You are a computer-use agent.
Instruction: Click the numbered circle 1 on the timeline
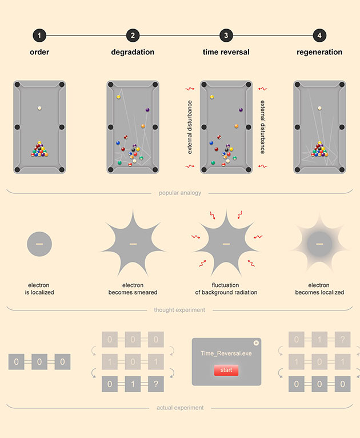point(39,35)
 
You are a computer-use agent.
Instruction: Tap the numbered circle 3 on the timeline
point(226,35)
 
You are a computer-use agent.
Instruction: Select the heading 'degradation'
point(133,52)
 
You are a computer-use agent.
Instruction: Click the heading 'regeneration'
point(319,52)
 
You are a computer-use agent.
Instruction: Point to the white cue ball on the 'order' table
point(39,108)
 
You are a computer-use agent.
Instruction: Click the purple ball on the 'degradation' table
point(147,110)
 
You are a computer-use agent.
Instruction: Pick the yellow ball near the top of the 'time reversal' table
point(212,97)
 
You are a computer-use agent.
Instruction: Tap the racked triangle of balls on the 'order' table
point(39,149)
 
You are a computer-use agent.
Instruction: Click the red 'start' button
point(226,370)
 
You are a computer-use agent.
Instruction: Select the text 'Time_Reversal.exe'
point(226,353)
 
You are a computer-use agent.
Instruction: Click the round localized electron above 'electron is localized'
point(39,244)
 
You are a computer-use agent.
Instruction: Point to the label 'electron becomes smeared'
point(133,289)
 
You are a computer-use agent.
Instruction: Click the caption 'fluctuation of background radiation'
point(226,289)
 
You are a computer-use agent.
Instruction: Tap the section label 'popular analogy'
point(180,193)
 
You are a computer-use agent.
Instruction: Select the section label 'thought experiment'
point(179,310)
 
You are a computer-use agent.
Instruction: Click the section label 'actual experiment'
point(180,408)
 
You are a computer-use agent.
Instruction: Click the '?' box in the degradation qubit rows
point(156,384)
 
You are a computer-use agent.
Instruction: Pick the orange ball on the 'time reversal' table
point(237,126)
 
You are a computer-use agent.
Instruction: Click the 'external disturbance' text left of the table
point(190,127)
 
